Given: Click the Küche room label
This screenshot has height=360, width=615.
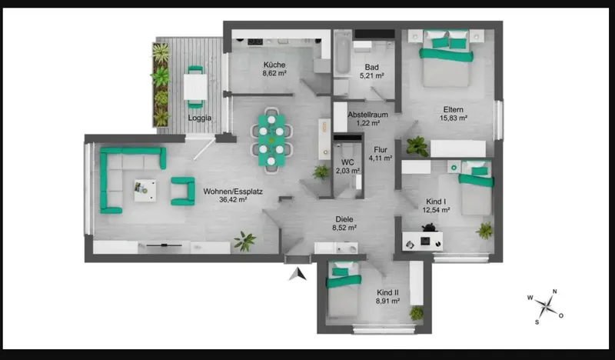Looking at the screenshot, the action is [x=274, y=65].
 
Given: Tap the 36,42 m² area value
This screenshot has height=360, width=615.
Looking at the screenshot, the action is [x=233, y=200].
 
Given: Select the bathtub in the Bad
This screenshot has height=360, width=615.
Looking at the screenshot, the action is [x=342, y=55].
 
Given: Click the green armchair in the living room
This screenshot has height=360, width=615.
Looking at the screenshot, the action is [x=183, y=192].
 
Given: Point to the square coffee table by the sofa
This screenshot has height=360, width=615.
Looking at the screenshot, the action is [x=145, y=191].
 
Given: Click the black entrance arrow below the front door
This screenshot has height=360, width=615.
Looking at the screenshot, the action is [x=298, y=274].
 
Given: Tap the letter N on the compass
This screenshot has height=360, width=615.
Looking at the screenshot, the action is [x=554, y=292].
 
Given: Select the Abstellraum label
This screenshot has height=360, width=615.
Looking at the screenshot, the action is [x=368, y=115].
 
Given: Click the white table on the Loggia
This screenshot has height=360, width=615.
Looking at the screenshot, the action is [x=195, y=87].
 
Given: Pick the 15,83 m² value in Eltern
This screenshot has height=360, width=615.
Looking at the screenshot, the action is [x=454, y=118].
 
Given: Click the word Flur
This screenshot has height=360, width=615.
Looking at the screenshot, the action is [x=381, y=149].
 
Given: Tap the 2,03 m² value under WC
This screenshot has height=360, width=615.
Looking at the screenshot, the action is [x=347, y=171].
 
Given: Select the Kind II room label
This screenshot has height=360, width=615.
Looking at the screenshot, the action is [x=387, y=292].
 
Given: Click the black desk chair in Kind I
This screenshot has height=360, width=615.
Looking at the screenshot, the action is [x=429, y=227].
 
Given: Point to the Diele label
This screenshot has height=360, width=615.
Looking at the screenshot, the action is [x=344, y=219].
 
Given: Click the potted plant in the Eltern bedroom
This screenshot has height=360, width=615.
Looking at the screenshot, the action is [x=417, y=146].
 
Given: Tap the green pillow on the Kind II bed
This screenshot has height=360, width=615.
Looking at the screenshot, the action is [x=340, y=272].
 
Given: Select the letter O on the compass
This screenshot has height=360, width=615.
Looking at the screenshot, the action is [x=561, y=315].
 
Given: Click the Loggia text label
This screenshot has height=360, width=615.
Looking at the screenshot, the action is [x=200, y=118].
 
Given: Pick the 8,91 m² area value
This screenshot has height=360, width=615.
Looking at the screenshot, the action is [x=387, y=301].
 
